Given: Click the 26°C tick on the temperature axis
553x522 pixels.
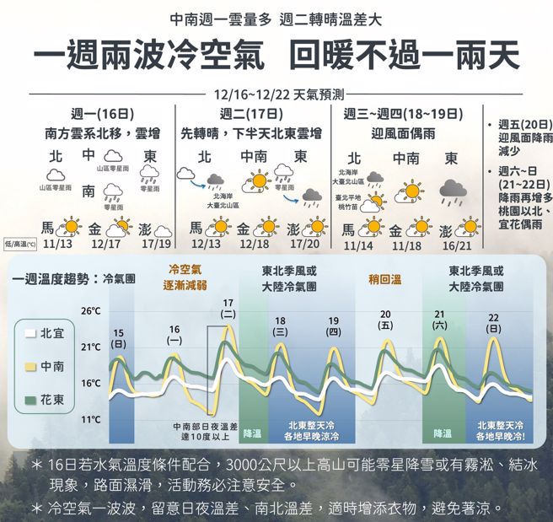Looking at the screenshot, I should (x=90, y=311).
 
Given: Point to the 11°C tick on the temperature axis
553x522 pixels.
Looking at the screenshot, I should (x=90, y=419).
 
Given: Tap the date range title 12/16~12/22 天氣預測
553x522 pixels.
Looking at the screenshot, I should (x=276, y=96).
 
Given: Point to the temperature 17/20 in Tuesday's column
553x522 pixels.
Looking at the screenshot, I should (x=304, y=244).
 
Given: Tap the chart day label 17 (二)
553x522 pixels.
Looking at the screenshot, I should (x=228, y=308).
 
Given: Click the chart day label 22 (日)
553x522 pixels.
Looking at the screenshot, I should (x=493, y=322).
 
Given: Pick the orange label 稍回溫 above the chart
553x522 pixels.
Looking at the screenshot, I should (x=385, y=277).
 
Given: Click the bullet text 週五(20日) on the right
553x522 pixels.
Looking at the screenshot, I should (x=521, y=124).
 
